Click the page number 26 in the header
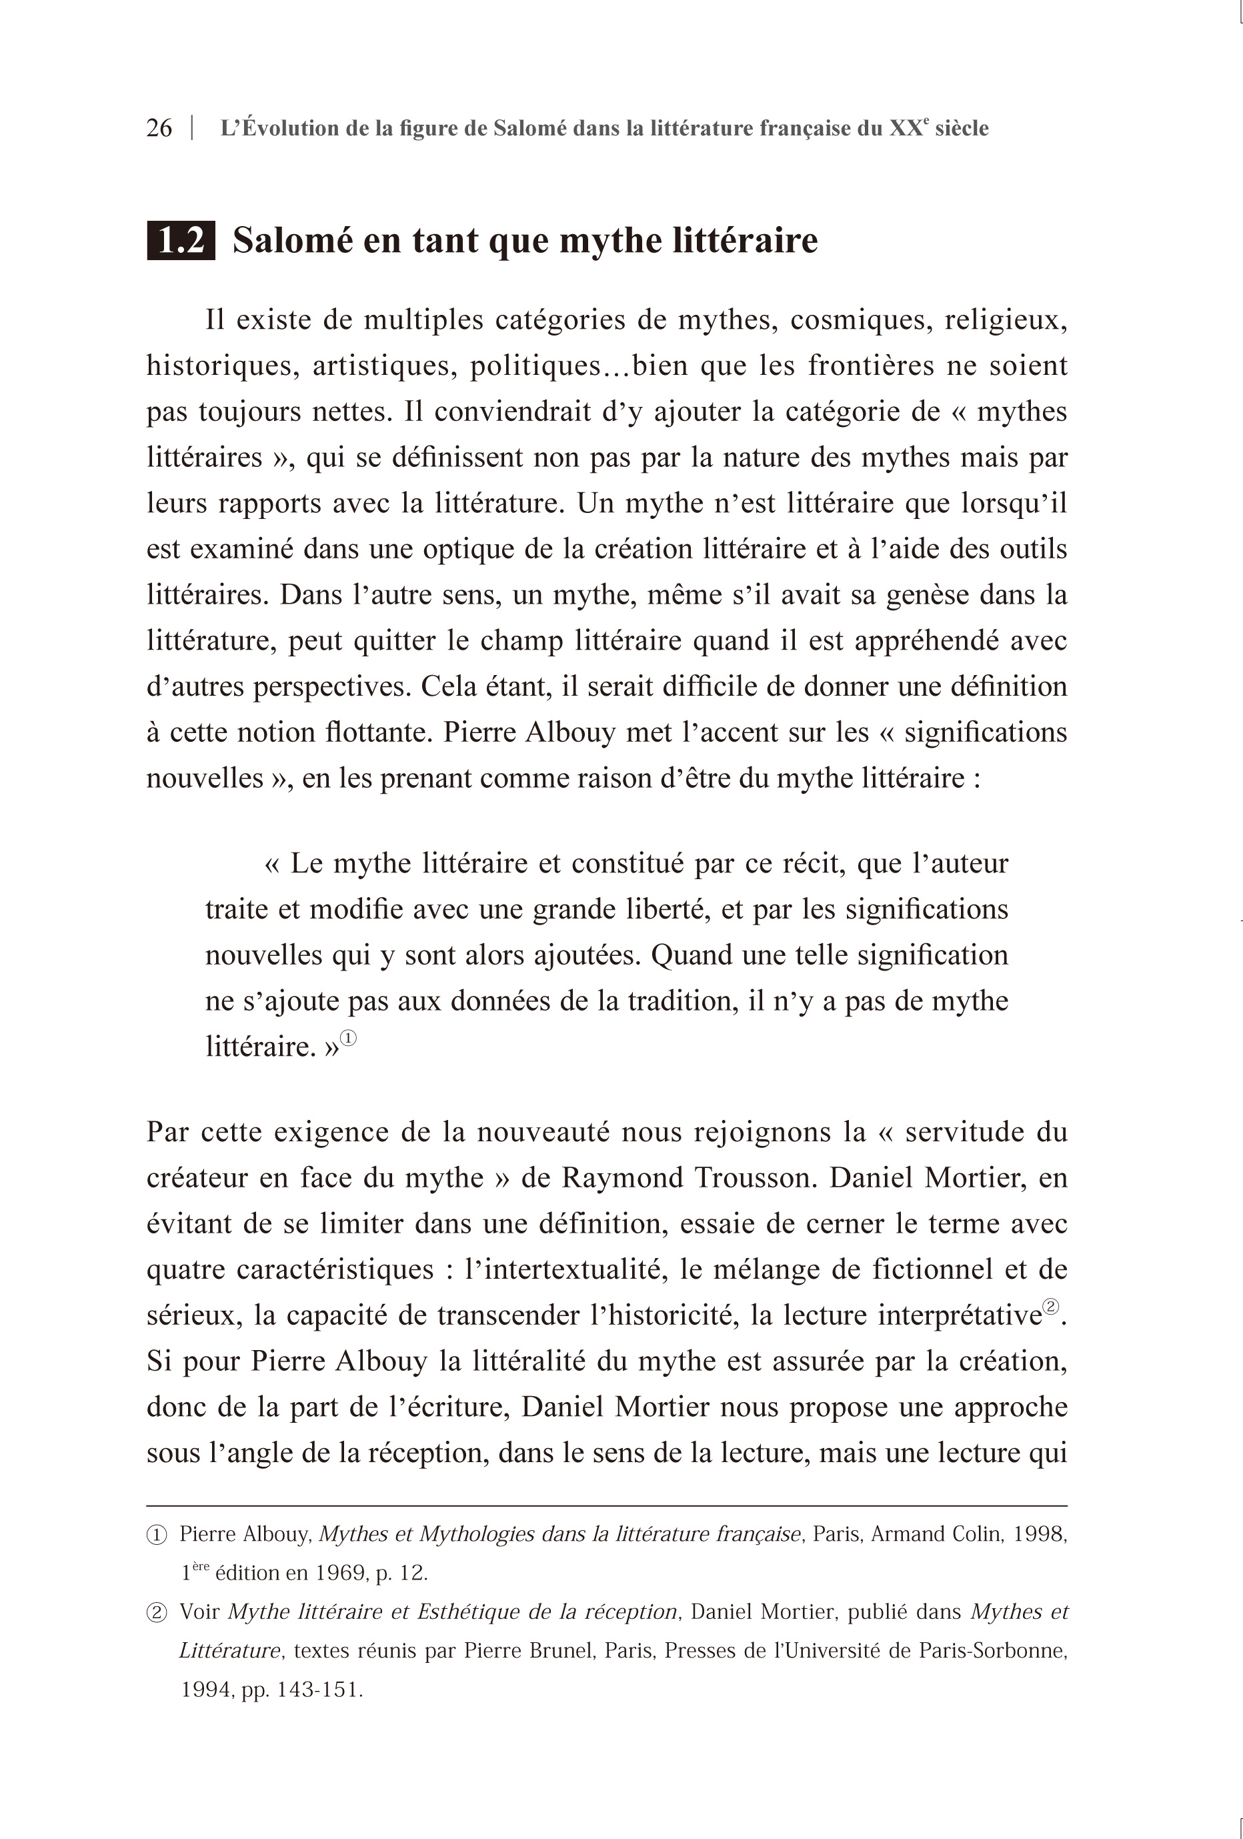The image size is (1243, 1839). pyautogui.click(x=159, y=128)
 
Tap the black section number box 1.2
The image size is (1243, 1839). pyautogui.click(x=181, y=241)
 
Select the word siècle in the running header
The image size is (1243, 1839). pyautogui.click(x=962, y=128)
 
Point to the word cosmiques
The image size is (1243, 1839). pyautogui.click(x=858, y=320)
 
